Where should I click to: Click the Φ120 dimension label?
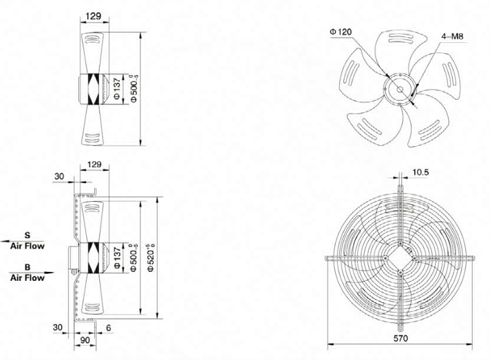click(341, 32)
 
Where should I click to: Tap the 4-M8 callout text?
click(452, 36)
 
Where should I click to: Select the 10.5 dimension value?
click(420, 172)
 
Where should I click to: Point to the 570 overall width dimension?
click(401, 338)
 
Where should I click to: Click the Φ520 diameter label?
click(151, 257)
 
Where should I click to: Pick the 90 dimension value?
click(85, 340)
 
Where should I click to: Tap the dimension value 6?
click(109, 328)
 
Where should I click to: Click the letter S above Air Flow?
click(28, 235)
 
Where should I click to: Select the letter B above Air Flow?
click(28, 267)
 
